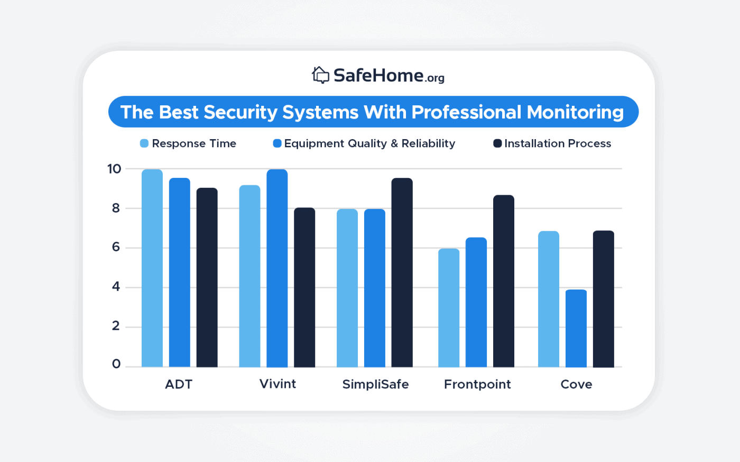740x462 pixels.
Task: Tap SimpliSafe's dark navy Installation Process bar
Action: pos(402,273)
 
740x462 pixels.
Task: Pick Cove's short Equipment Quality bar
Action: pos(576,328)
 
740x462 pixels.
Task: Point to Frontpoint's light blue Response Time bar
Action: pos(449,307)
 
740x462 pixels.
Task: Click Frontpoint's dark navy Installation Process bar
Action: pos(503,281)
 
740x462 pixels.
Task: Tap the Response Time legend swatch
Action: pos(144,143)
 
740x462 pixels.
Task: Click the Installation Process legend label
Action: pos(557,143)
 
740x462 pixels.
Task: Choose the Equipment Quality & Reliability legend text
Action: pos(369,143)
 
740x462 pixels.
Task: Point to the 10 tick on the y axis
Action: pos(114,169)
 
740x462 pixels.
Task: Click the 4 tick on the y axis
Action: pos(116,287)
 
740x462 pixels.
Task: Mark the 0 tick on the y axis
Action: pos(116,364)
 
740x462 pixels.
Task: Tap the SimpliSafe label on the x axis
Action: pos(375,384)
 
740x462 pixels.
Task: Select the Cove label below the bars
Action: pos(576,384)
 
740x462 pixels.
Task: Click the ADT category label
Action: pos(179,384)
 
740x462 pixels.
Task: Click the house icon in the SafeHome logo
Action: pos(320,75)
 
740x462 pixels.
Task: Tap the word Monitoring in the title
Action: pos(575,112)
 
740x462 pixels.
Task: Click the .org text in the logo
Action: pos(435,78)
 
